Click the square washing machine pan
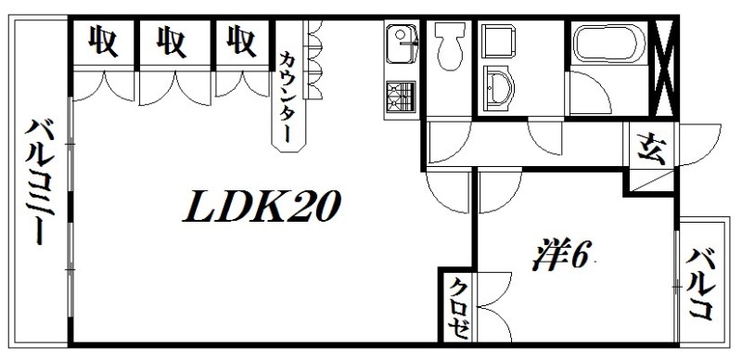(505, 40)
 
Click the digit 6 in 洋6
(577, 254)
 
